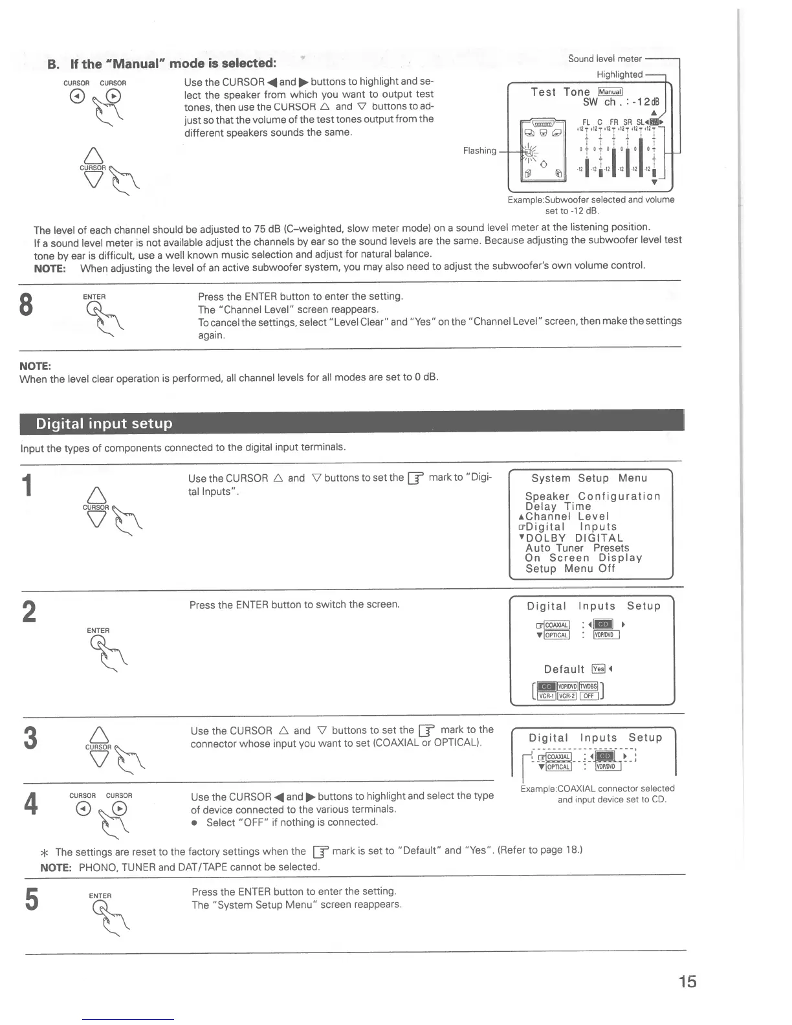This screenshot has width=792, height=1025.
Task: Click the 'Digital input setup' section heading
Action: click(x=104, y=424)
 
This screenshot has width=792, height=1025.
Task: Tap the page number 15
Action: click(x=687, y=982)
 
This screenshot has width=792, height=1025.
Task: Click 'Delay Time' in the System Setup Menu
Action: click(x=558, y=506)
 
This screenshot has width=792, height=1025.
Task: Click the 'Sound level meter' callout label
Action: click(x=604, y=59)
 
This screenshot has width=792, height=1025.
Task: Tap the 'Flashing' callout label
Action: click(x=479, y=151)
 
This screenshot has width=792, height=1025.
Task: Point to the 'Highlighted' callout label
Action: click(x=619, y=74)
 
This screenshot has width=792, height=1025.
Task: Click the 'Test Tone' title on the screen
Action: click(x=560, y=92)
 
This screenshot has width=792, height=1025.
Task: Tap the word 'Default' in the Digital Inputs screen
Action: click(x=564, y=669)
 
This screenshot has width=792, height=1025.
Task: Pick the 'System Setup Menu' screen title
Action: click(x=589, y=478)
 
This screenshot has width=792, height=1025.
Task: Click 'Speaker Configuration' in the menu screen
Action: click(x=593, y=496)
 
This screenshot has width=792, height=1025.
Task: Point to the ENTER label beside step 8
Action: click(x=94, y=297)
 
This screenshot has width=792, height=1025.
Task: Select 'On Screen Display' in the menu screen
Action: click(x=583, y=558)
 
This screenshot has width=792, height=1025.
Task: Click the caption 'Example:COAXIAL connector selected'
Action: click(x=597, y=788)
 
